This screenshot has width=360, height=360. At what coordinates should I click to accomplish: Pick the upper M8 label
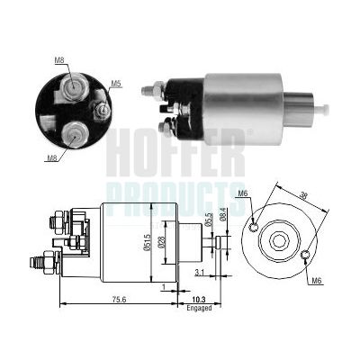[x=59, y=60]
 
